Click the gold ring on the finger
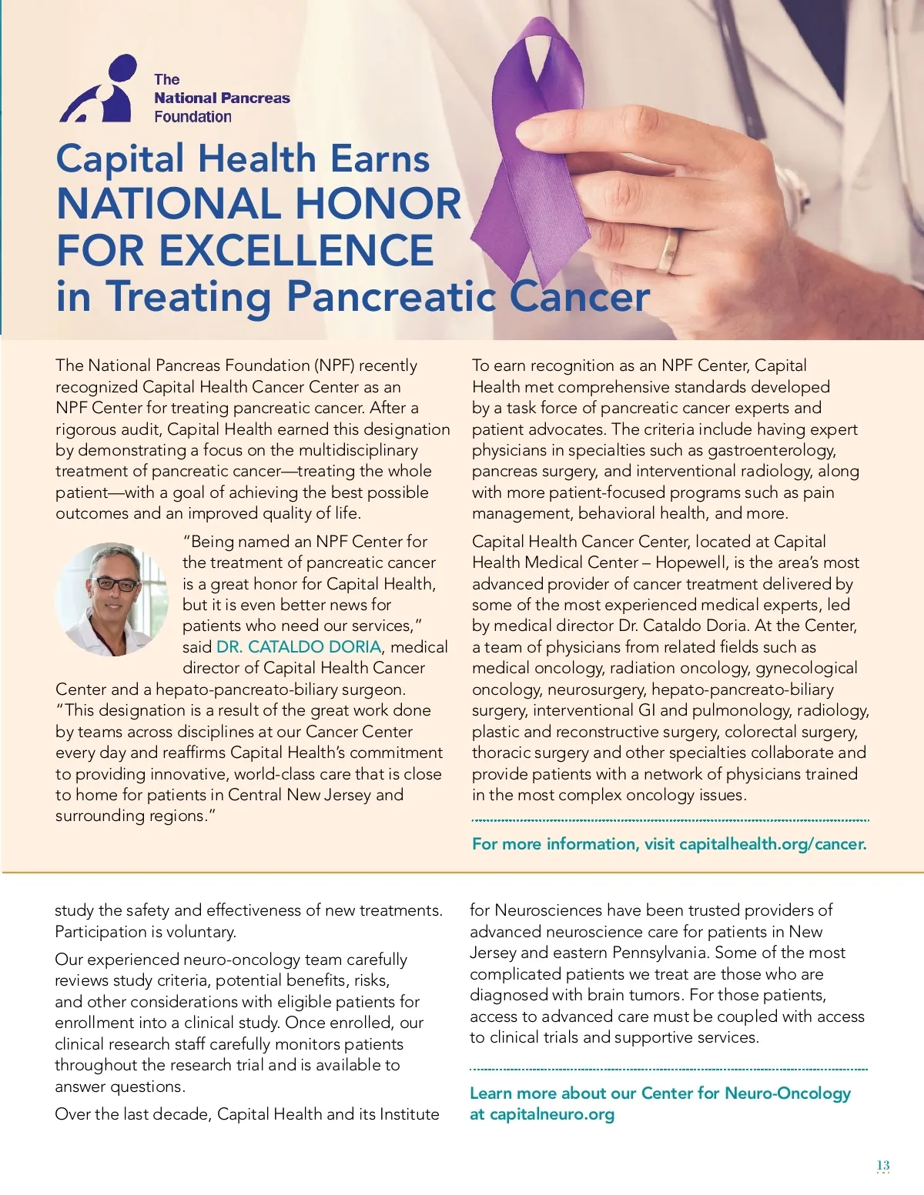669,252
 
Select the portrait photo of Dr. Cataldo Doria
112,599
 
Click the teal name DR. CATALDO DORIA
299,647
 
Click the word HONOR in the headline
377,204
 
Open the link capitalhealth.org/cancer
772,844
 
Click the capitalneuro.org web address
552,1114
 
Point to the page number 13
882,1165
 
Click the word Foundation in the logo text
192,117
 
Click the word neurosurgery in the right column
597,689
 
